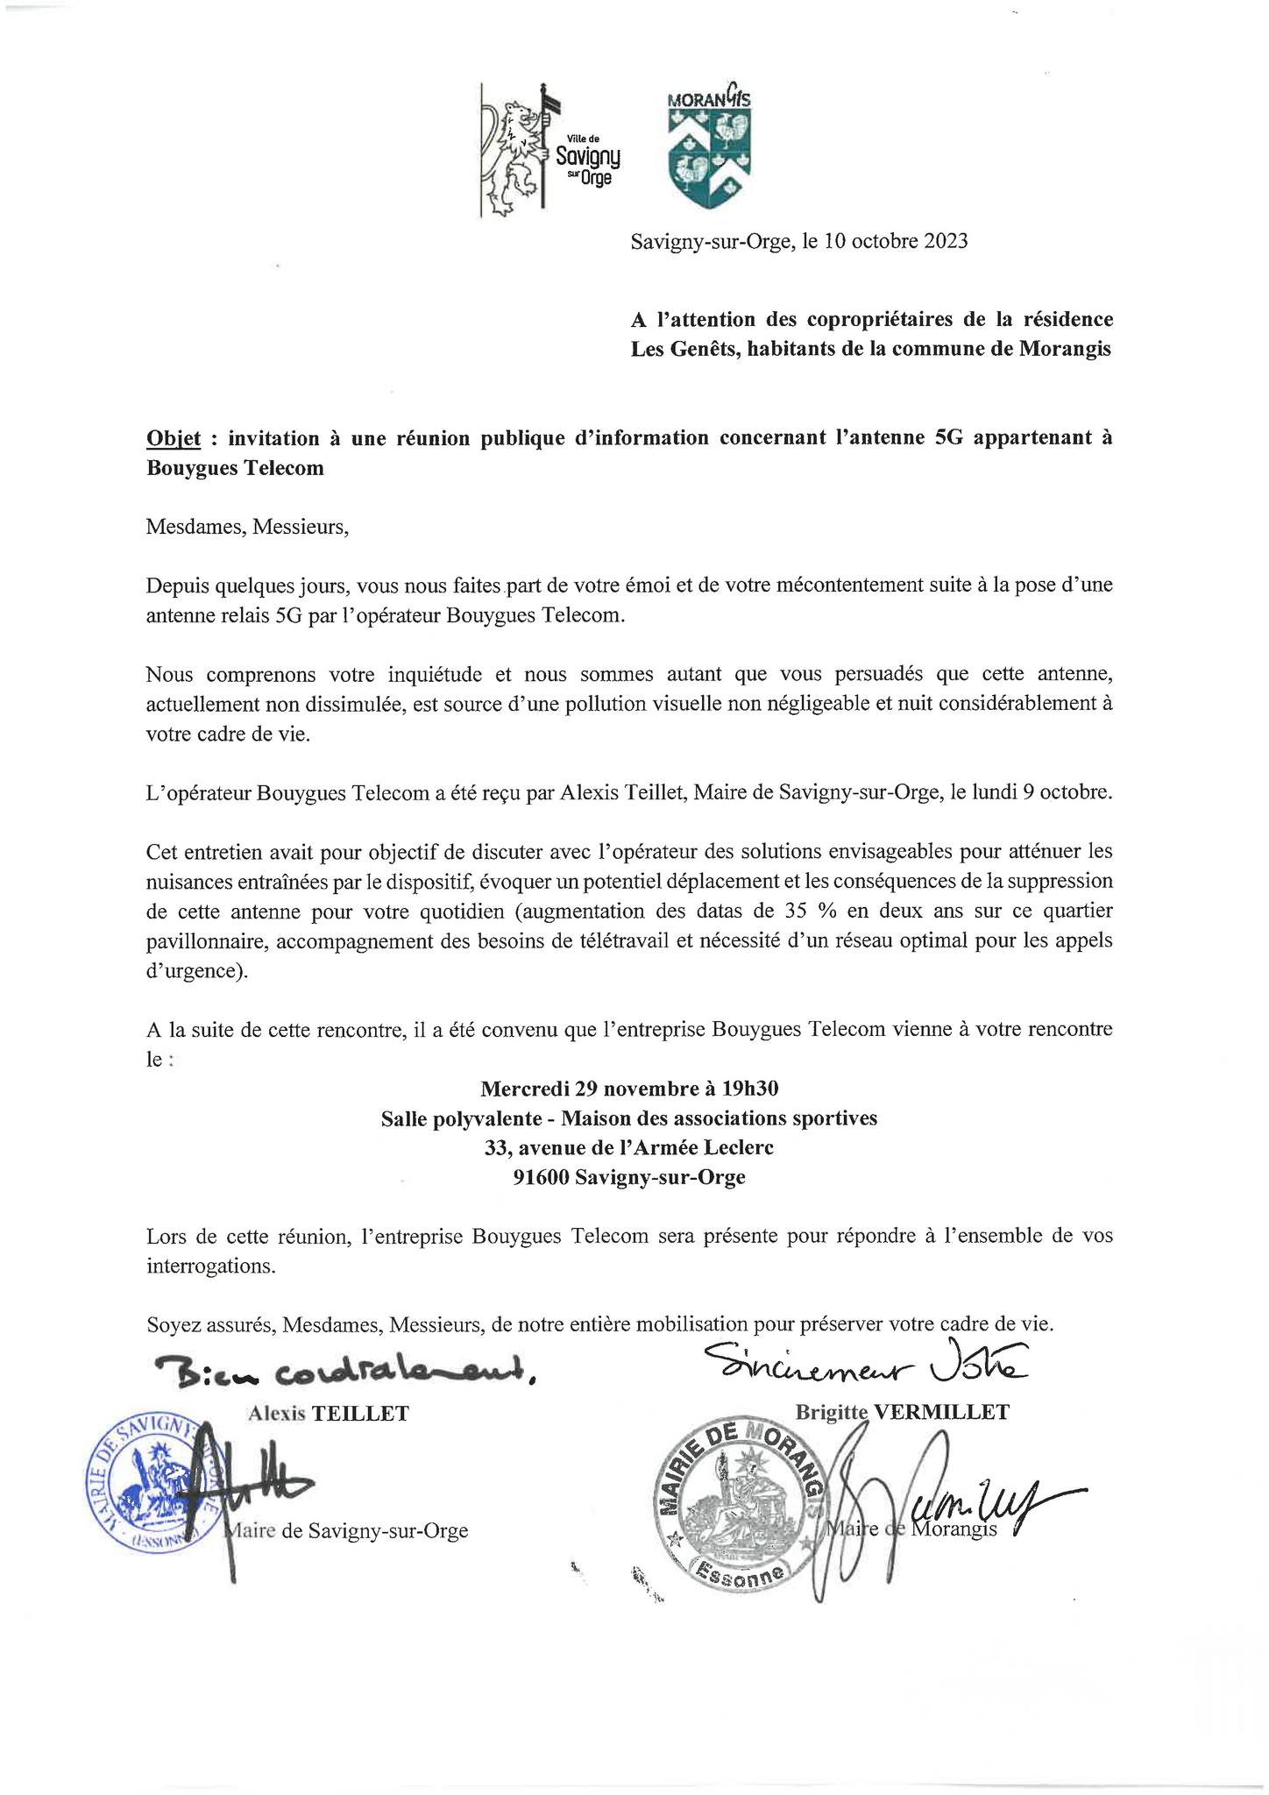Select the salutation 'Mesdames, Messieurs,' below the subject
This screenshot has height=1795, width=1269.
pos(248,527)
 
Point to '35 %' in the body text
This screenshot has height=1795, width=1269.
pos(810,911)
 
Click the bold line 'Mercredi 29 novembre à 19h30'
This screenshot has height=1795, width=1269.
pos(629,1089)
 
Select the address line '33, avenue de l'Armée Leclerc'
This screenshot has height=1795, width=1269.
pos(629,1147)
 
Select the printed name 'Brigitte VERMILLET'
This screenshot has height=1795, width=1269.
pos(902,1412)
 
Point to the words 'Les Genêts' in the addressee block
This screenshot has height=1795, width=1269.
pos(679,349)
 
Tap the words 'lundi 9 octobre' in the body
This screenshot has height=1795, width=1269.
pos(1038,793)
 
